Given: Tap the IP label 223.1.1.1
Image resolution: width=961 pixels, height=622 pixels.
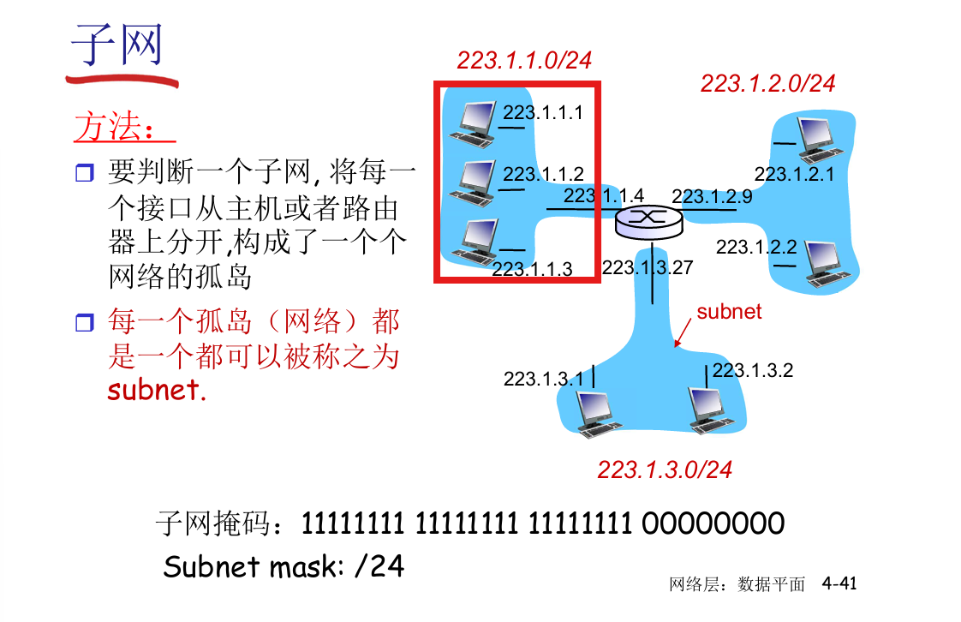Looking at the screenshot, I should click(x=542, y=112).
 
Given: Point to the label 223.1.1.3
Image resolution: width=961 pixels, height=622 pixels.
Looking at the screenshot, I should click(x=532, y=269).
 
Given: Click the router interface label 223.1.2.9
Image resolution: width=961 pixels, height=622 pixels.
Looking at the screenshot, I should click(x=712, y=196).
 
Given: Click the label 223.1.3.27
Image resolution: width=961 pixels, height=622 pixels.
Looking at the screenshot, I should click(x=647, y=267).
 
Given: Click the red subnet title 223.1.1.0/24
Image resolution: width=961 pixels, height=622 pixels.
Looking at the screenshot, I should click(x=524, y=60).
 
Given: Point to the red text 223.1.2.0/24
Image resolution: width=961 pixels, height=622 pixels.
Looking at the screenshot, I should click(x=767, y=83).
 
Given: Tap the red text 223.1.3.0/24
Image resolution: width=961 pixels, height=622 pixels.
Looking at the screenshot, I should click(x=665, y=469).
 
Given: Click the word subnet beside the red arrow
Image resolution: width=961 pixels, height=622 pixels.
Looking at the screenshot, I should click(x=729, y=311).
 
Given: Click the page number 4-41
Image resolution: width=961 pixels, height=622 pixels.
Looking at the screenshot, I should click(x=839, y=583).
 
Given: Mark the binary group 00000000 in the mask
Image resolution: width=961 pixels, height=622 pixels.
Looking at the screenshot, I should click(x=713, y=523).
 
